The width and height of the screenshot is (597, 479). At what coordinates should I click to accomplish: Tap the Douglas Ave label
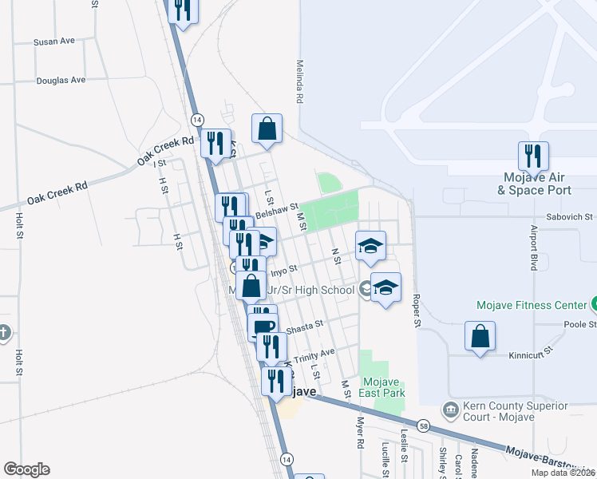tap(61, 80)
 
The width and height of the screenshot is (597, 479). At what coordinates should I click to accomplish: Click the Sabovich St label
tap(570, 216)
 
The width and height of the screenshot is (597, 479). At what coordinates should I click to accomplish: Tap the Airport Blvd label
tap(534, 247)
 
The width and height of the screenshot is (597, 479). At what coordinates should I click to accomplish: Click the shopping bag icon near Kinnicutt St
tap(480, 336)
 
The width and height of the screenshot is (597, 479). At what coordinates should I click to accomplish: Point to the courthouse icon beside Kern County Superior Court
tap(451, 409)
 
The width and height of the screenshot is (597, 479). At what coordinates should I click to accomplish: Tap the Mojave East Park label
tap(383, 387)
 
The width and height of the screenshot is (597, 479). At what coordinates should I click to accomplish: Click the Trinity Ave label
tap(315, 354)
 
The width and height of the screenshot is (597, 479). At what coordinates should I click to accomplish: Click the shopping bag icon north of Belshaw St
tap(267, 128)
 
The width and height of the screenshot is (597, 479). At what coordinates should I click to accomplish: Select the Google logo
tap(26, 469)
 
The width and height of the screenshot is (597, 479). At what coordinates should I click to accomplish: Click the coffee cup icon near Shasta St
tap(263, 327)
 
